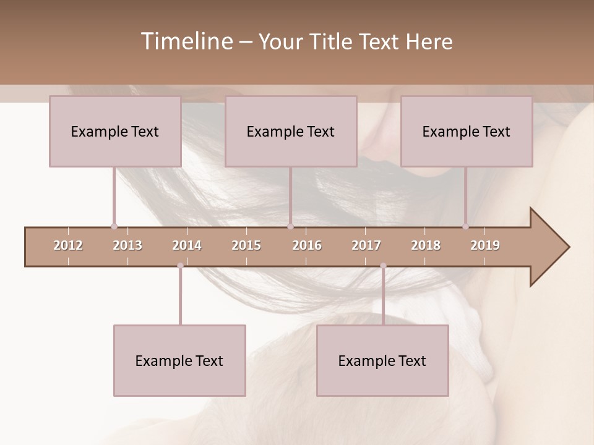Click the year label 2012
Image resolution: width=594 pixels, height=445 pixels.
[68, 245]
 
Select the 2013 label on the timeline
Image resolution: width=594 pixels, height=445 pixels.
[127, 245]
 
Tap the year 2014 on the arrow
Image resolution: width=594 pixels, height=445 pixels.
[187, 245]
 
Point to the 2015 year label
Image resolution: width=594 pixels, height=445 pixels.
[246, 245]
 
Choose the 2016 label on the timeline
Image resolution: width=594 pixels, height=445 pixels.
[307, 245]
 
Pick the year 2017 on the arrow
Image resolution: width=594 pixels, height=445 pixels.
[366, 245]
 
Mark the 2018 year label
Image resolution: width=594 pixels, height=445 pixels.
[426, 245]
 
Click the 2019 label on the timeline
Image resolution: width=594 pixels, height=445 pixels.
[485, 245]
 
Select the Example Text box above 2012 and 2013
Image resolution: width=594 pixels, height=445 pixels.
[115, 132]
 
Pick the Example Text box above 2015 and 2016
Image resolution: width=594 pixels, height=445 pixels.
[291, 132]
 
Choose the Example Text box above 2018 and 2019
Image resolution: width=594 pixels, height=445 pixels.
[467, 132]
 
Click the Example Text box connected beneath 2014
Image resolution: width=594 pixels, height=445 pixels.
[179, 361]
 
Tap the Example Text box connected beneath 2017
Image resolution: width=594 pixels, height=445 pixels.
[382, 361]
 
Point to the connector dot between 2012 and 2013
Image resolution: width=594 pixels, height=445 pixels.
[114, 226]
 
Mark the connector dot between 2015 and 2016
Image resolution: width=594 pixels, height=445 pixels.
[290, 226]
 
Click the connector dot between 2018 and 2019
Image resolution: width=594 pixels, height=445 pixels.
[465, 226]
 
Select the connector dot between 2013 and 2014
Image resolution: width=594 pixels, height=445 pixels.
[180, 266]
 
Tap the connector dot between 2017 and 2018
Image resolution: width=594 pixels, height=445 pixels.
[383, 266]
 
